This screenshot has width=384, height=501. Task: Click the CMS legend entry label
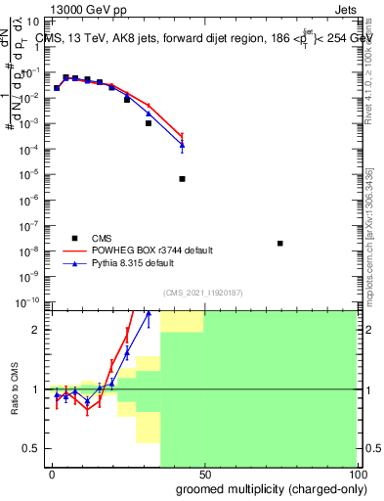(103, 238)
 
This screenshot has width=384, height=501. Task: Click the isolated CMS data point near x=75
(280, 244)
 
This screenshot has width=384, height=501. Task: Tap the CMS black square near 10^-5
(183, 179)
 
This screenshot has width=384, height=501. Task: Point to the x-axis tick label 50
(204, 474)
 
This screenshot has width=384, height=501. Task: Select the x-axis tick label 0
(52, 474)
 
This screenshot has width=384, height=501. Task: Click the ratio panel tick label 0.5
(31, 448)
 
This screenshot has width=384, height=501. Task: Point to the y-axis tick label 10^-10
(26, 303)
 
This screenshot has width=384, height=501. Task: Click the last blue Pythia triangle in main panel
(183, 146)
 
